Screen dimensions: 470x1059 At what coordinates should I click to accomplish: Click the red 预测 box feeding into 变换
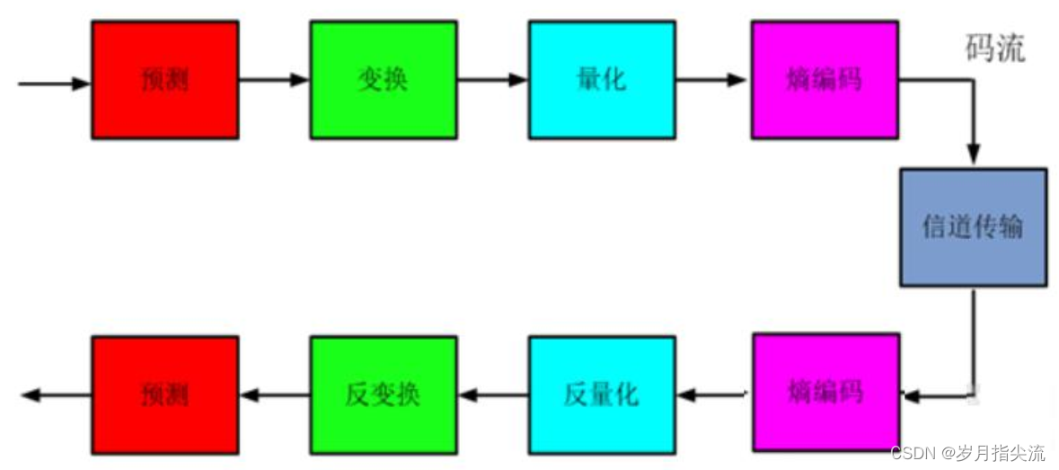point(165,80)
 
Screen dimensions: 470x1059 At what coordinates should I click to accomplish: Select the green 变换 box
point(384,80)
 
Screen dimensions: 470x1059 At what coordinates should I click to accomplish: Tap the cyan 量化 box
point(602,80)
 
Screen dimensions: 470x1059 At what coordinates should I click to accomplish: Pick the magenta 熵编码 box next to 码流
point(825,80)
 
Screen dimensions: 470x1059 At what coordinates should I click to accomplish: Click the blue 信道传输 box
point(973,226)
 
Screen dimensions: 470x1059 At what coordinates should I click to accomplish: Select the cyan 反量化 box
point(602,395)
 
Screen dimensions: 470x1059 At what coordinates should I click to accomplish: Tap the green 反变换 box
point(384,395)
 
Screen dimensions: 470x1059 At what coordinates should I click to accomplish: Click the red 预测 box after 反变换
point(165,395)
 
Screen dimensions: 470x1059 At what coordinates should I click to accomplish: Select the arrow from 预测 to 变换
point(274,80)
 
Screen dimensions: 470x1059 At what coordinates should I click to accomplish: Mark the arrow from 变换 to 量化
point(492,80)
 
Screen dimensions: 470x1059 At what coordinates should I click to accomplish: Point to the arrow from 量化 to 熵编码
point(712,80)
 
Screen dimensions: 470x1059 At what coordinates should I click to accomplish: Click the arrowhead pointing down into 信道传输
point(974,155)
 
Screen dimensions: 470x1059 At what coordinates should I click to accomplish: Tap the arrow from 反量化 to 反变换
point(492,395)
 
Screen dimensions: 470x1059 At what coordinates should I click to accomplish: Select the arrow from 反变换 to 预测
point(274,395)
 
